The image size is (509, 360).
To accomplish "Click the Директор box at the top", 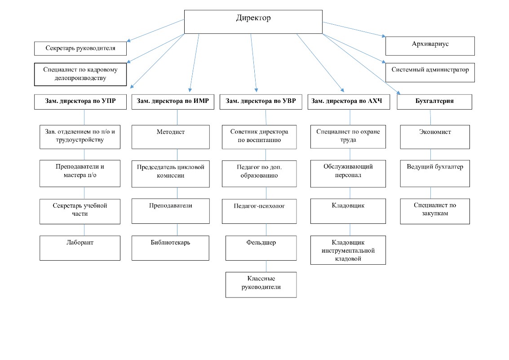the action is [253, 22].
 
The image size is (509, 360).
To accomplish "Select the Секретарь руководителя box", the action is [80, 49].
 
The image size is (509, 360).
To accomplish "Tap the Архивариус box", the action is [430, 46].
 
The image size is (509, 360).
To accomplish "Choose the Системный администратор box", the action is [430, 72].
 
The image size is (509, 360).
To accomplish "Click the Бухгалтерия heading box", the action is [434, 102].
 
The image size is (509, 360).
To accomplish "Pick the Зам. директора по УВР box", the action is [261, 102].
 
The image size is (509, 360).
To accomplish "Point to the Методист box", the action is [170, 137].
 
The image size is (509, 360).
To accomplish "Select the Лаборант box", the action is [80, 248].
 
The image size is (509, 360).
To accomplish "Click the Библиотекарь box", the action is [170, 248].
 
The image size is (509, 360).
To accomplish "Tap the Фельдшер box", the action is [261, 248].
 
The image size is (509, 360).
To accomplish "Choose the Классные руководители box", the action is [261, 284].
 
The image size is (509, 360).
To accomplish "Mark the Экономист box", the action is [435, 137].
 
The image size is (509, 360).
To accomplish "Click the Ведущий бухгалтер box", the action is [435, 173].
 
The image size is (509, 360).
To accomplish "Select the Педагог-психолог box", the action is [259, 211].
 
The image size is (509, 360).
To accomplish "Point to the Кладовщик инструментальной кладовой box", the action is [348, 250].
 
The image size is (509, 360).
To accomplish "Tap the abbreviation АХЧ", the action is [375, 101].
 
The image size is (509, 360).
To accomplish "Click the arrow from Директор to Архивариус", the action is [354, 29].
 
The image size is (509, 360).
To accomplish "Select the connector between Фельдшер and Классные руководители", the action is [266, 266].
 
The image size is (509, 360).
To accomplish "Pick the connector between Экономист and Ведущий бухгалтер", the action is [431, 155].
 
